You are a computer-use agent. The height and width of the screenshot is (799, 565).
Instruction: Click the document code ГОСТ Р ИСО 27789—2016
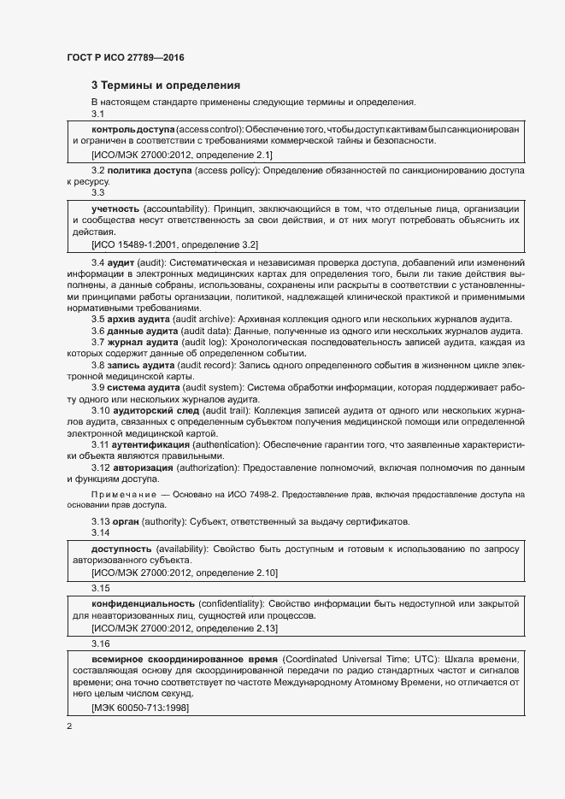coord(126,57)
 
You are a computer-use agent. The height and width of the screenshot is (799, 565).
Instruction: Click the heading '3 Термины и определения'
coord(165,85)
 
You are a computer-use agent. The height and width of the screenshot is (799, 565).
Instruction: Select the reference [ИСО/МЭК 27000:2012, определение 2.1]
coord(181,155)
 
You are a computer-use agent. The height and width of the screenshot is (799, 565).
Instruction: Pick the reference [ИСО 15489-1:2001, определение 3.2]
coord(174,245)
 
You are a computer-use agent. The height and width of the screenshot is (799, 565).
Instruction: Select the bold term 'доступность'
coord(121,548)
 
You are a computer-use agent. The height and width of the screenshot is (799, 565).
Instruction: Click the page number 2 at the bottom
coord(69,726)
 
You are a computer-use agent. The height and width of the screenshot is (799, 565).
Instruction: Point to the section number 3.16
coord(101,643)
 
